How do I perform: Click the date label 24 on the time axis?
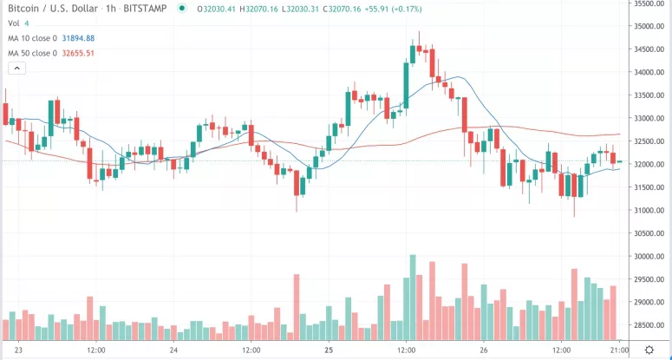click(174, 350)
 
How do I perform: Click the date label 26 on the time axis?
click(484, 350)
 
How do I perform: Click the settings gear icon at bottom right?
click(648, 350)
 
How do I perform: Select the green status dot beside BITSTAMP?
click(180, 9)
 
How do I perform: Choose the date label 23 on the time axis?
click(19, 350)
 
